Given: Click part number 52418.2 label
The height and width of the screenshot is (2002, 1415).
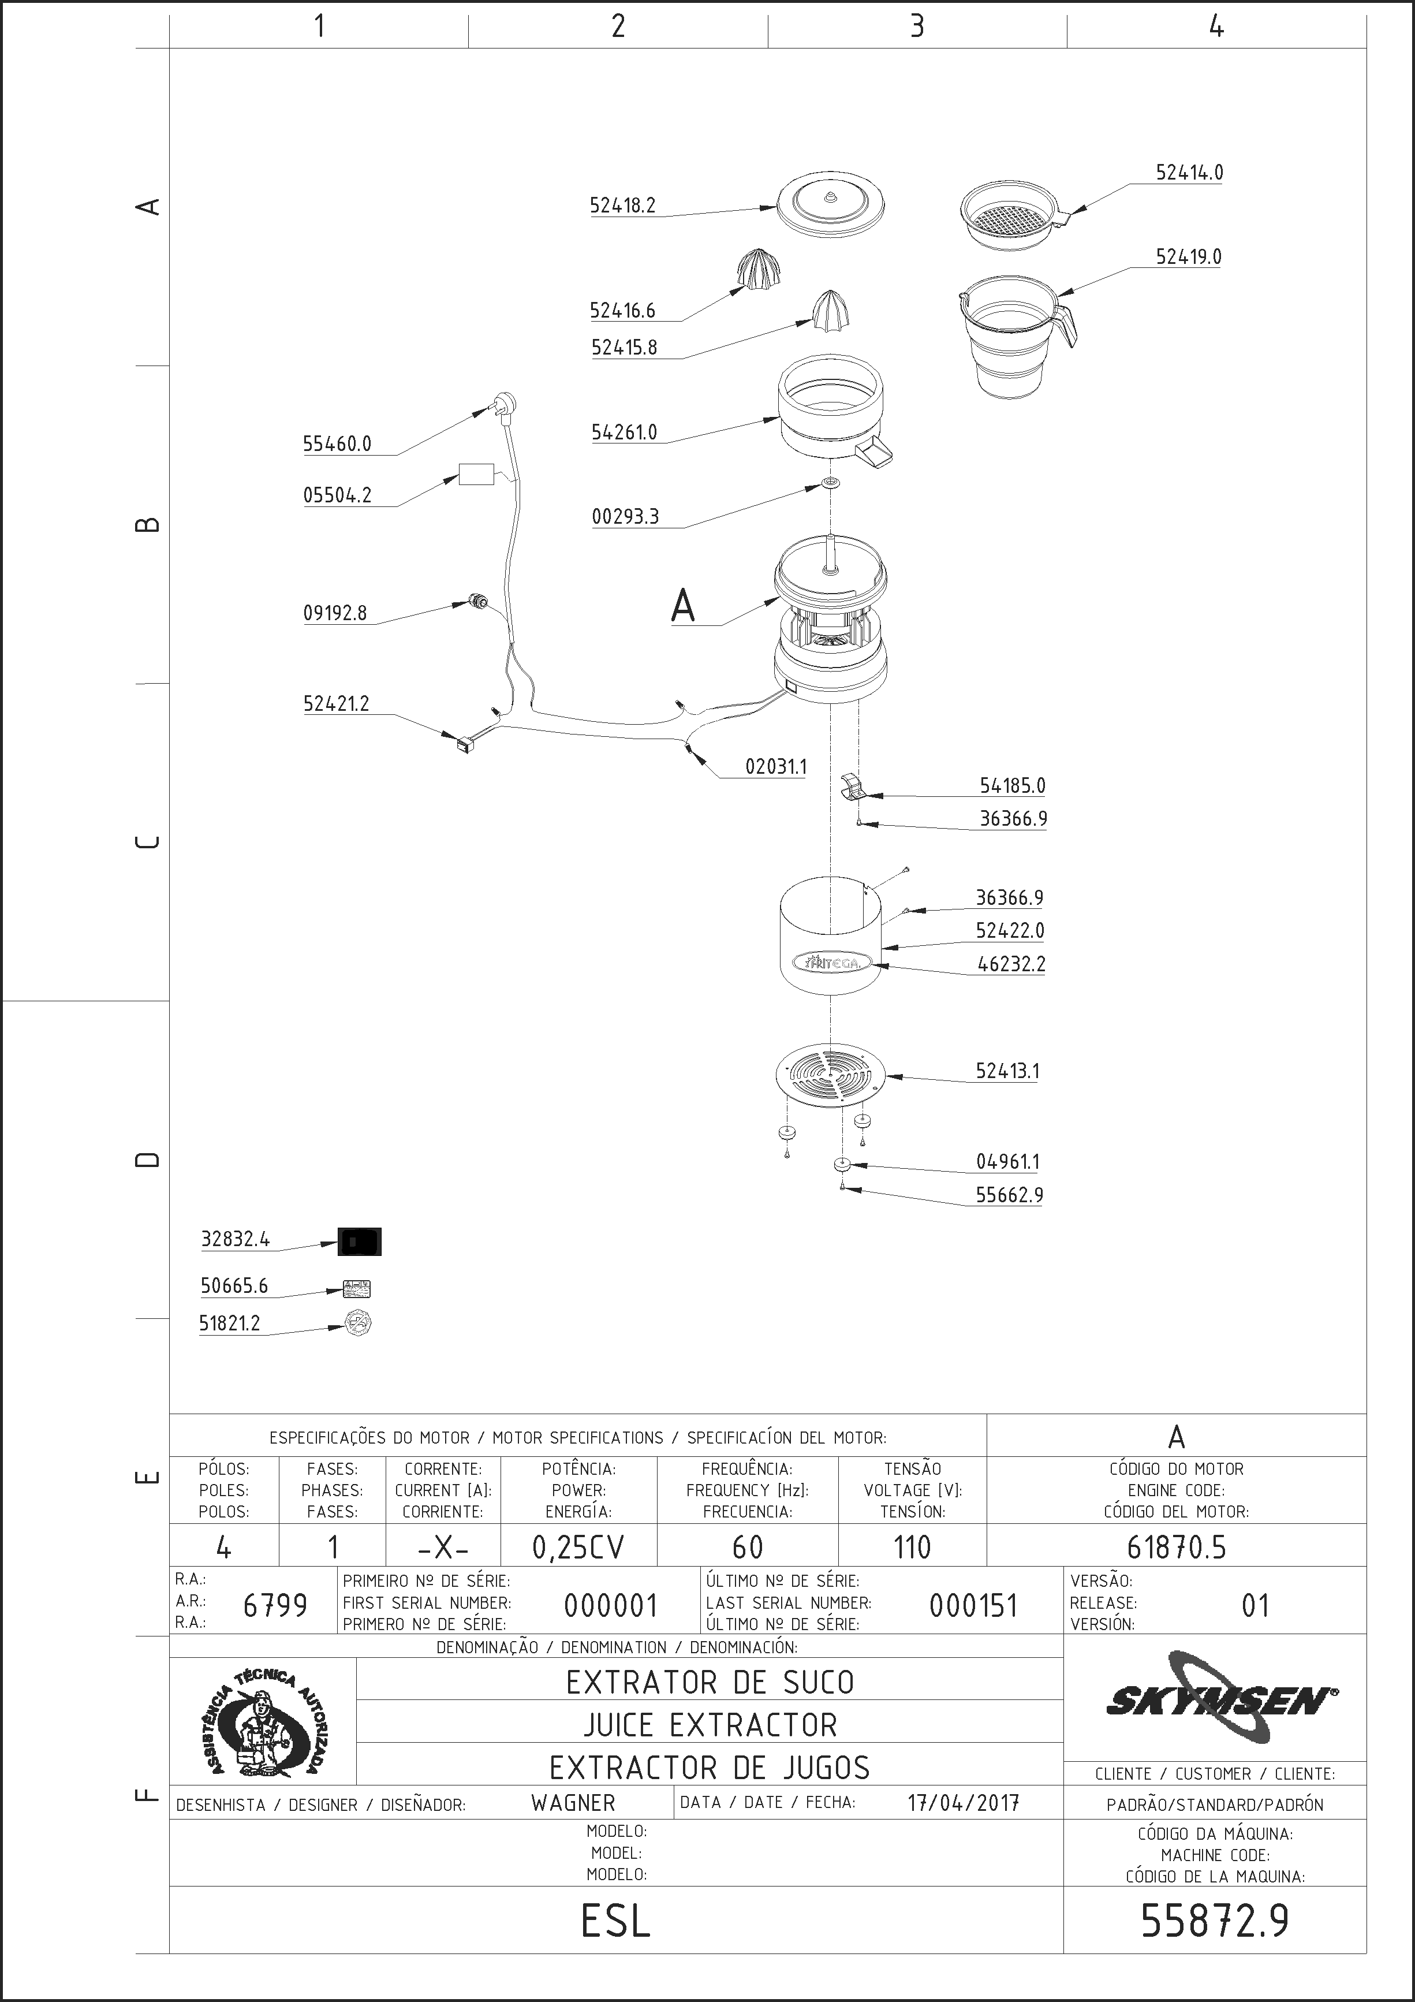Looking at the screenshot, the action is (622, 206).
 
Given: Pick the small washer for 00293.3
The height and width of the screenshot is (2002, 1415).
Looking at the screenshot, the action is (831, 483).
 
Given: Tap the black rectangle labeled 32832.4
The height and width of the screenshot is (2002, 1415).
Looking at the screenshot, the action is (359, 1241).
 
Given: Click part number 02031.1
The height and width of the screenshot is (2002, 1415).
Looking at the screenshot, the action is (776, 766).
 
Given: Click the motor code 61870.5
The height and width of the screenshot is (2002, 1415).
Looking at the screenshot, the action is (1176, 1547).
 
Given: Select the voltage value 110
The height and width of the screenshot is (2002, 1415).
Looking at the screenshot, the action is (912, 1547).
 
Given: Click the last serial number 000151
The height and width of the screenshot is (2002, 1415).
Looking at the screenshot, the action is (973, 1605).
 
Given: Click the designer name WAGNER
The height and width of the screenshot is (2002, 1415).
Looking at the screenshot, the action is (573, 1802).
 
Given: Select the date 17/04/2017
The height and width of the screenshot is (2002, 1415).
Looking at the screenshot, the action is (964, 1802).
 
